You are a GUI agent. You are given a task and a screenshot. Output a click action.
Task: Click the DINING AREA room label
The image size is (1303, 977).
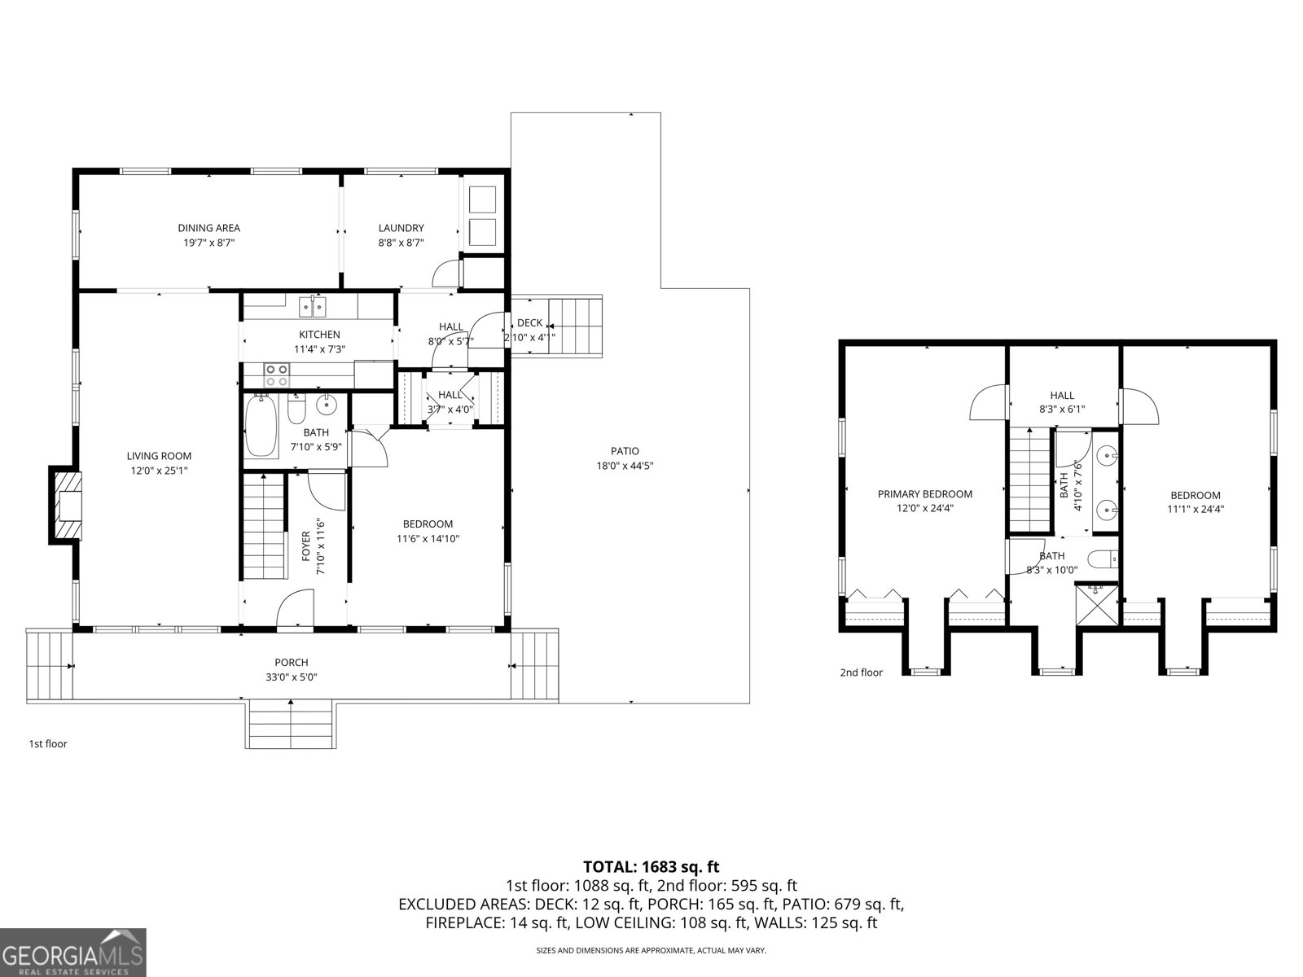coord(209,228)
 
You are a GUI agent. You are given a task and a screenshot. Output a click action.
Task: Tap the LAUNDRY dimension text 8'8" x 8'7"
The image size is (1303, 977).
coord(401,243)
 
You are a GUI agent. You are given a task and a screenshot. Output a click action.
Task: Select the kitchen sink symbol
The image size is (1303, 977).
coord(313,307)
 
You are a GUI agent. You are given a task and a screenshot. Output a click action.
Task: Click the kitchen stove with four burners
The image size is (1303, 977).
coord(277,375)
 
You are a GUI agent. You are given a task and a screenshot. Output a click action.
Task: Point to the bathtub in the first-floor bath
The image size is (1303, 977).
coord(261,426)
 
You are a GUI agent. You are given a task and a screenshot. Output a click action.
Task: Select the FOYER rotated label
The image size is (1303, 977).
coord(306,547)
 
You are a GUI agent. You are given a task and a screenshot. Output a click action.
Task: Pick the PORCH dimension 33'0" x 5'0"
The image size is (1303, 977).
coord(292,677)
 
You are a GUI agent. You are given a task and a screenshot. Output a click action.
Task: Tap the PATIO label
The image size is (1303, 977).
coord(625,451)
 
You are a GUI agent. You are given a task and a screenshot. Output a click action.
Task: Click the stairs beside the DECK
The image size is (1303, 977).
coord(574,326)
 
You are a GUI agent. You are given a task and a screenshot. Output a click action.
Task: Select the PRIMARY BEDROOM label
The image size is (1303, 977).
coord(924,493)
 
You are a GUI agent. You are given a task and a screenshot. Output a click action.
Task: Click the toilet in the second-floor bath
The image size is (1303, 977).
coord(1104,560)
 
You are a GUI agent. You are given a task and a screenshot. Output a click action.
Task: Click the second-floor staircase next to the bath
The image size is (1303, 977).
coord(1029,480)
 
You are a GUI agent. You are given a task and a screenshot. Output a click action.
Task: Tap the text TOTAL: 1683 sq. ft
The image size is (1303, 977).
coord(651,867)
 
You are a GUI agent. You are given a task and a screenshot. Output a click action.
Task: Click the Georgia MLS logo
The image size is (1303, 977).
coord(73,952)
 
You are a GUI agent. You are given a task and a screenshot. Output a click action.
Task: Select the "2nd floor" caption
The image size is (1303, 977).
coord(861,673)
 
